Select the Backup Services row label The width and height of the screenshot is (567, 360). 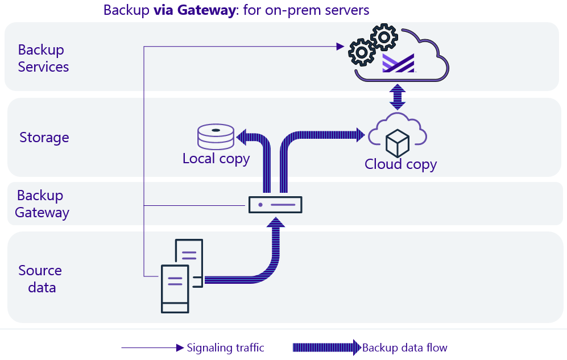click(43, 58)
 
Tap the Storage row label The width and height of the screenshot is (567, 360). click(44, 137)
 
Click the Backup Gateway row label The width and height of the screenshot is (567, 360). click(42, 204)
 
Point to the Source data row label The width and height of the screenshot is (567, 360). click(40, 279)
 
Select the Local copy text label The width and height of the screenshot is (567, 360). click(216, 158)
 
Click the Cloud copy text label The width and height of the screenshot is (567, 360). click(400, 164)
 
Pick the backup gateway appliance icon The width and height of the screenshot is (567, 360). click(275, 204)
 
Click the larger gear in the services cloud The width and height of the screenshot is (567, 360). click(362, 53)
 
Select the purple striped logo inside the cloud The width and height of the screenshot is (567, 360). click(398, 63)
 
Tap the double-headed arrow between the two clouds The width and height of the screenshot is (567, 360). click(397, 97)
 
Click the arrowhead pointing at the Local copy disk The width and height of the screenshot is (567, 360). click(241, 136)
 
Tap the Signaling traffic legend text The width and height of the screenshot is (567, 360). click(225, 347)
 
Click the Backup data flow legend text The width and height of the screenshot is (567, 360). click(404, 347)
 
